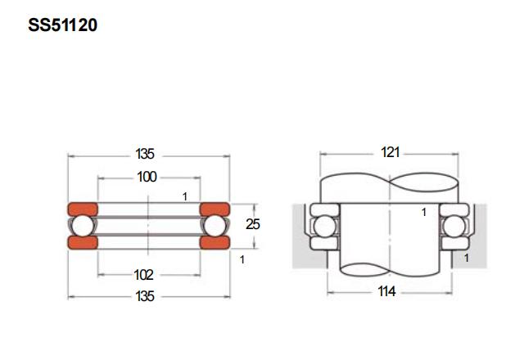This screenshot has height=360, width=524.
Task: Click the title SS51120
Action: click(x=62, y=25)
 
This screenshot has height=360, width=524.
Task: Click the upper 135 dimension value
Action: click(x=145, y=154)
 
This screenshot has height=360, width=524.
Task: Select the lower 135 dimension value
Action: click(x=145, y=296)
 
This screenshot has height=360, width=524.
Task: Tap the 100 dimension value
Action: click(x=147, y=177)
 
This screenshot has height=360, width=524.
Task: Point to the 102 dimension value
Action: click(x=143, y=275)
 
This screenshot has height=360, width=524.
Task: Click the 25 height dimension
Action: click(x=253, y=224)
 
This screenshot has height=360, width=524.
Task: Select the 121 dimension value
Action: click(x=391, y=152)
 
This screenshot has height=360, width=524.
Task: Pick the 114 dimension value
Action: click(x=386, y=291)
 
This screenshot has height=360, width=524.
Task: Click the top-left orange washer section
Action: click(x=83, y=209)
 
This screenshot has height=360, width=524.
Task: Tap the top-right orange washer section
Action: click(x=215, y=209)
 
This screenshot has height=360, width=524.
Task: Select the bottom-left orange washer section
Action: click(x=83, y=242)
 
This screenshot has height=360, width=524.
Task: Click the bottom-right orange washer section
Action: click(x=215, y=242)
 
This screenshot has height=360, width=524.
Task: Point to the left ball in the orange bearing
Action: click(x=83, y=226)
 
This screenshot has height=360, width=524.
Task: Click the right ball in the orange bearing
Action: click(x=215, y=226)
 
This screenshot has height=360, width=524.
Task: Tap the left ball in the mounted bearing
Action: click(x=324, y=227)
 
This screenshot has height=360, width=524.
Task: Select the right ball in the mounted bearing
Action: click(x=454, y=227)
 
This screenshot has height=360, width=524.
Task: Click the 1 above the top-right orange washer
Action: click(x=185, y=196)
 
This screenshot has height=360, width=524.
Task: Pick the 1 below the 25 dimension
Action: click(x=242, y=259)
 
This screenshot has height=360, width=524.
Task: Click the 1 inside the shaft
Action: click(x=424, y=212)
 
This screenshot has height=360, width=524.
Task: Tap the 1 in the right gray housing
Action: click(x=467, y=258)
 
